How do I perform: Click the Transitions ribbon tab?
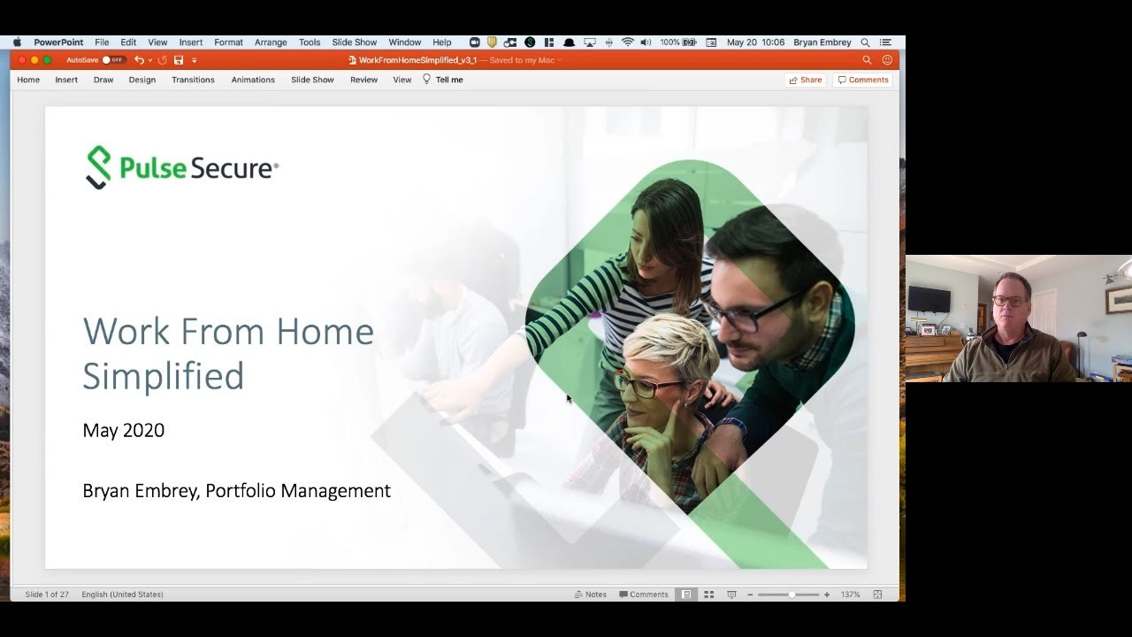(x=193, y=80)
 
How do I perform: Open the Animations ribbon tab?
(x=253, y=80)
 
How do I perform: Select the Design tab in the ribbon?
(x=141, y=80)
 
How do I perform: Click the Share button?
(x=805, y=80)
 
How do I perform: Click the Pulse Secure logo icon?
(x=98, y=167)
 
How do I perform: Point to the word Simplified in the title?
(x=163, y=376)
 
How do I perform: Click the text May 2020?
(x=123, y=431)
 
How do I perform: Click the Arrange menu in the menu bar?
(x=271, y=42)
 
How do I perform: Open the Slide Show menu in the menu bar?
(x=354, y=42)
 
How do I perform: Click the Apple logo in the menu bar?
(x=17, y=42)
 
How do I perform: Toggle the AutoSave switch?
(x=112, y=60)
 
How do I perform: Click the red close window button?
(x=21, y=60)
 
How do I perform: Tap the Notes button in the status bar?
(x=590, y=595)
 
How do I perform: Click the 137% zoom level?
(x=850, y=595)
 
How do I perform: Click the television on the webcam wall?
(x=929, y=299)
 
